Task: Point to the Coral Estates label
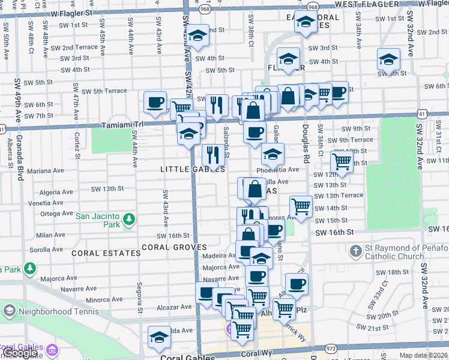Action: point(106,253)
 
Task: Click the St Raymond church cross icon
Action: point(355,250)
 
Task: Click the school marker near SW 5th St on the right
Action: point(388,60)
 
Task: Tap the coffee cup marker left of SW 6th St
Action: point(155,102)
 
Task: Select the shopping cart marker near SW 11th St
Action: point(342,161)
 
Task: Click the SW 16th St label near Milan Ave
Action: point(173,236)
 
